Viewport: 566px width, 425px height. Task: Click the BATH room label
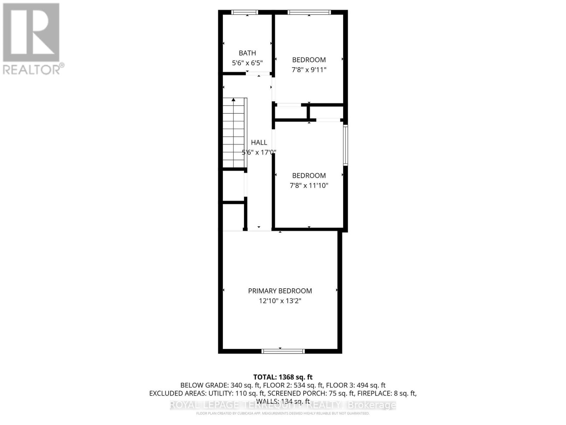point(247,53)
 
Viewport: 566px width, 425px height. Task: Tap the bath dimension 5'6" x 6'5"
point(247,63)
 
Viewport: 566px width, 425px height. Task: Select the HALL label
point(259,142)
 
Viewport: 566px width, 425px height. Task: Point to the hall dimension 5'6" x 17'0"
point(259,153)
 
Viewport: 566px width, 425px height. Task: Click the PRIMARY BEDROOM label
point(280,291)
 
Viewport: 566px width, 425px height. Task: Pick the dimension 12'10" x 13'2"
point(280,301)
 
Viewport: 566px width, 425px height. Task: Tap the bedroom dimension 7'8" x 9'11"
point(309,70)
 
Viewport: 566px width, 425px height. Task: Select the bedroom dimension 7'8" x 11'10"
point(309,185)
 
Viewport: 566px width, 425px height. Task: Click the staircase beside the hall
point(234,135)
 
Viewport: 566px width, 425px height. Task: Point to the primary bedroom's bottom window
point(283,351)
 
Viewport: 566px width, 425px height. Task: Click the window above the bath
point(245,12)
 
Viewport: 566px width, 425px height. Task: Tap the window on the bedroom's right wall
point(346,145)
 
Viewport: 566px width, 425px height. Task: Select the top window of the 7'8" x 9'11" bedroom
point(309,12)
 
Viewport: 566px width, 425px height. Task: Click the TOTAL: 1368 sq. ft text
point(283,377)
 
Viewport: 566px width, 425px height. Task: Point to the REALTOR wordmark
point(34,69)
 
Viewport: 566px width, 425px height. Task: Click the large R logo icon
point(31,33)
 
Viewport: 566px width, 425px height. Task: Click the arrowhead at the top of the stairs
point(233,100)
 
